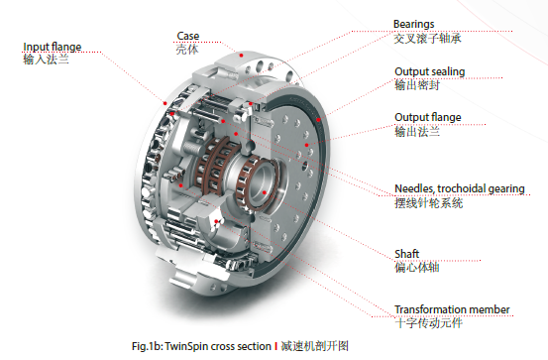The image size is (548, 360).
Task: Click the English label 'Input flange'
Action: click(53, 47)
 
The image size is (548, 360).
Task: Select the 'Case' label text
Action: click(188, 36)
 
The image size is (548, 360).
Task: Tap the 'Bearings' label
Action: click(414, 24)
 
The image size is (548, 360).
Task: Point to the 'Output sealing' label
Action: click(429, 71)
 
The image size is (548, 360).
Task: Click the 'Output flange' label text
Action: click(428, 118)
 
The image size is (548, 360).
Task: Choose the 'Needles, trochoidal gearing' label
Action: click(460, 188)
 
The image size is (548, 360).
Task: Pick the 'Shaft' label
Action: click(407, 254)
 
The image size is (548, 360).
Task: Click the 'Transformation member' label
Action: click(452, 309)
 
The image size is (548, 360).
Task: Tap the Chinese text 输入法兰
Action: click(46, 60)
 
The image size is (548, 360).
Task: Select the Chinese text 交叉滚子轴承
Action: click(427, 38)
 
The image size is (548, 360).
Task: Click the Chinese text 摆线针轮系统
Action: click(429, 203)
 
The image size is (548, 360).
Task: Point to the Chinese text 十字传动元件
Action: click(429, 322)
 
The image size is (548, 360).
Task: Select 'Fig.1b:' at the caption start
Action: click(147, 346)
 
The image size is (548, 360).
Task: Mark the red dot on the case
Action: click(241, 56)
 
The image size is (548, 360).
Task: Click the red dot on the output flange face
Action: click(306, 145)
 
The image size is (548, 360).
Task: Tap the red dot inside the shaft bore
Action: click(265, 192)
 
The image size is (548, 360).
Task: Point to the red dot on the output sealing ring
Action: click(318, 120)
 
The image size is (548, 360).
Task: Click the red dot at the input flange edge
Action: click(164, 103)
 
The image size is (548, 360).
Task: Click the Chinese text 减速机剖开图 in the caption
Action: click(314, 346)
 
